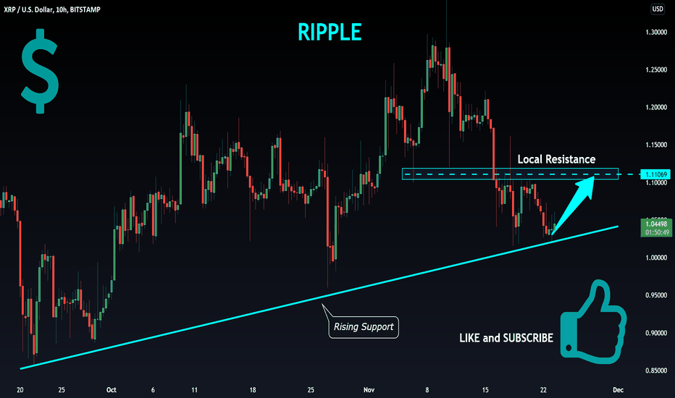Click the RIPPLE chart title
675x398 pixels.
330,31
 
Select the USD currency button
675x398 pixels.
658,9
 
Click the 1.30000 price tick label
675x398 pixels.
657,32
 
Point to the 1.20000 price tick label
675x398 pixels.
657,107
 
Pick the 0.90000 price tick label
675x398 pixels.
657,333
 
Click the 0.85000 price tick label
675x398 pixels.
657,371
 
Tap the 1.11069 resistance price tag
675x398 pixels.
658,175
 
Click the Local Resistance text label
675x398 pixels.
556,158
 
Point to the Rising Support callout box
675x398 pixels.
363,327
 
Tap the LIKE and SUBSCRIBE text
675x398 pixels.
506,338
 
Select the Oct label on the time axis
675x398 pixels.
111,389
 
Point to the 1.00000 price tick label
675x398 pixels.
657,258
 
